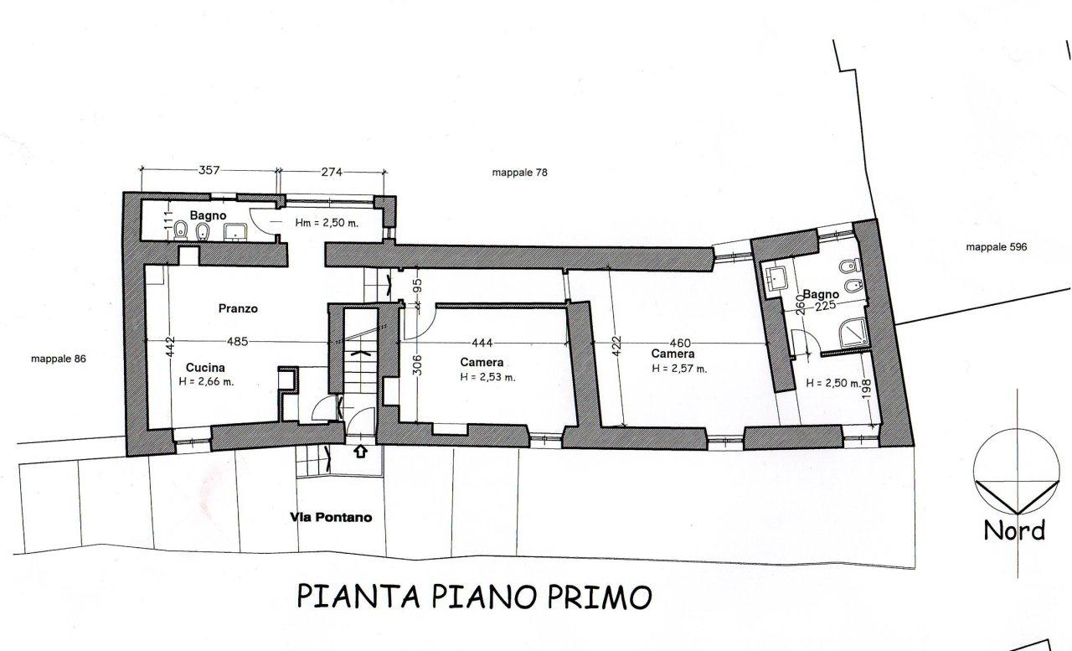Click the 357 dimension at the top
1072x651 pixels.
pyautogui.click(x=209, y=170)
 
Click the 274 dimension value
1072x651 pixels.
pyautogui.click(x=332, y=172)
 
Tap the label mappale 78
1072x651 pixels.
pyautogui.click(x=520, y=173)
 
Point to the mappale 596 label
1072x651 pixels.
pyautogui.click(x=997, y=247)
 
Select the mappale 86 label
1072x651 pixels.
pyautogui.click(x=59, y=359)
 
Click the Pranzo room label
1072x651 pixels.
pyautogui.click(x=238, y=309)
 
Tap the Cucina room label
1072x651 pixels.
pyautogui.click(x=205, y=368)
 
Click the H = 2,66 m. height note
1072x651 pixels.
pyautogui.click(x=206, y=382)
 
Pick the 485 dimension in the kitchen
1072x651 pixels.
pyautogui.click(x=237, y=341)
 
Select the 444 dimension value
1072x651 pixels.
pyautogui.click(x=482, y=343)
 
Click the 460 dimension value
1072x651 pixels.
pyautogui.click(x=680, y=344)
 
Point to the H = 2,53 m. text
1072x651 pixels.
pyautogui.click(x=487, y=377)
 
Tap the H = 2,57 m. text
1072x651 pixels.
pyautogui.click(x=679, y=369)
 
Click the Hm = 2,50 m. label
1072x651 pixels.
pyautogui.click(x=327, y=223)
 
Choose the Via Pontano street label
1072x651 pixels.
pyautogui.click(x=331, y=518)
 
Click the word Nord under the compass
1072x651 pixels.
pyautogui.click(x=1014, y=531)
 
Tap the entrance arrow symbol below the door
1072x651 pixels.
pyautogui.click(x=361, y=451)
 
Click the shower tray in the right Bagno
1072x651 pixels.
pyautogui.click(x=853, y=332)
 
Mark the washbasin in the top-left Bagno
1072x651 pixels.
pyautogui.click(x=235, y=231)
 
